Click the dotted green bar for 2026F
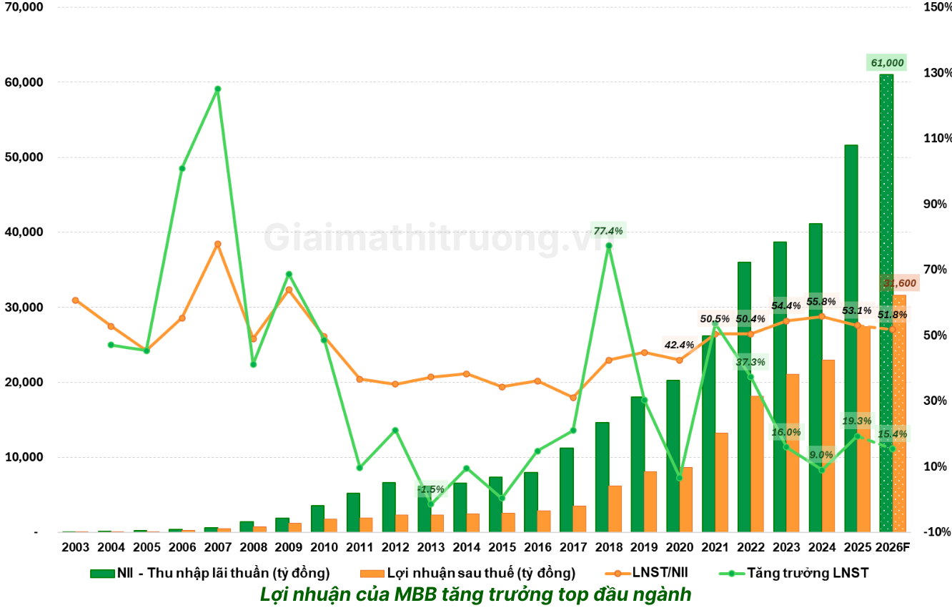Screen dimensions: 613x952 pyautogui.click(x=886, y=300)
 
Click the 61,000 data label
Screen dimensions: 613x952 pyautogui.click(x=886, y=63)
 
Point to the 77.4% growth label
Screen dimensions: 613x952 pyautogui.click(x=608, y=231)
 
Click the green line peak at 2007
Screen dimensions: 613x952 pyautogui.click(x=217, y=89)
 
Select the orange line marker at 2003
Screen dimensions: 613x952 pyautogui.click(x=75, y=300)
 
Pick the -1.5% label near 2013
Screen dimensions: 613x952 pyautogui.click(x=431, y=489)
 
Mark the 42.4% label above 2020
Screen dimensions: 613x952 pyautogui.click(x=679, y=345)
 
